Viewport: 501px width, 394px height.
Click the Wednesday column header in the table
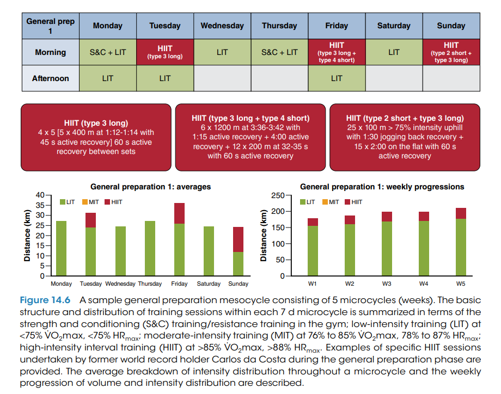pyautogui.click(x=222, y=26)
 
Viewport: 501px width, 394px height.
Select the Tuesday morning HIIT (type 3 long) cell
pyautogui.click(x=165, y=52)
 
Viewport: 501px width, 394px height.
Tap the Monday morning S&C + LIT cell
pyautogui.click(x=108, y=52)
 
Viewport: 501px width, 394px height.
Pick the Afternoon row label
pyautogui.click(x=51, y=78)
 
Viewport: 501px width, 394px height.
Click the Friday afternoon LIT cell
pyautogui.click(x=337, y=78)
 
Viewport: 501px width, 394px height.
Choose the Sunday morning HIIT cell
pyautogui.click(x=451, y=52)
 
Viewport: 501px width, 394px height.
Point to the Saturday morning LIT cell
pyautogui.click(x=394, y=52)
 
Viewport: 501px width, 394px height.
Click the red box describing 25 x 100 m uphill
pyautogui.click(x=405, y=137)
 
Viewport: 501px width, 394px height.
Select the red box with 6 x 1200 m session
pyautogui.click(x=250, y=137)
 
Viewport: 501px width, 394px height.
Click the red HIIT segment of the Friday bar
pyautogui.click(x=179, y=213)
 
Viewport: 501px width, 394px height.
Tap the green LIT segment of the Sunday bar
pyautogui.click(x=238, y=263)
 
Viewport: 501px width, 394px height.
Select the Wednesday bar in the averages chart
pyautogui.click(x=120, y=251)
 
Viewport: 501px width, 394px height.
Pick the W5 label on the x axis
pyautogui.click(x=460, y=284)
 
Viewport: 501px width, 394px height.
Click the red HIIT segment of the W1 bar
pyautogui.click(x=313, y=222)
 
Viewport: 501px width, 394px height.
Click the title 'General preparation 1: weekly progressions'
pyautogui.click(x=382, y=187)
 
